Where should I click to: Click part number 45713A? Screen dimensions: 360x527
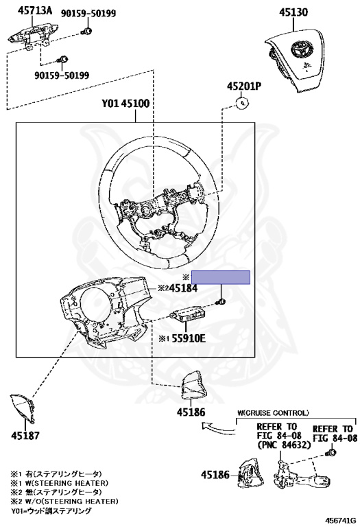click(x=35, y=11)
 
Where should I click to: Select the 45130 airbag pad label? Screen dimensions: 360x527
click(x=293, y=12)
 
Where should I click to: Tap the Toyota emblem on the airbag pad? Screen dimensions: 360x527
click(x=300, y=49)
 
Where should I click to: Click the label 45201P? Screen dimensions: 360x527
click(x=244, y=86)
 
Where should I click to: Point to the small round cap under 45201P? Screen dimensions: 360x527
click(x=243, y=103)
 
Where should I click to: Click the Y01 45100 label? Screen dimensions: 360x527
click(x=125, y=103)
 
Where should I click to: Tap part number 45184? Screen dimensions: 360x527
click(x=183, y=288)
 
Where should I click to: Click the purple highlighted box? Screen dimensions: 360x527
click(x=221, y=277)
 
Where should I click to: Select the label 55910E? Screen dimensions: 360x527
click(x=189, y=338)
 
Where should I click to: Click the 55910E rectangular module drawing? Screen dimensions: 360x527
click(x=187, y=315)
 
